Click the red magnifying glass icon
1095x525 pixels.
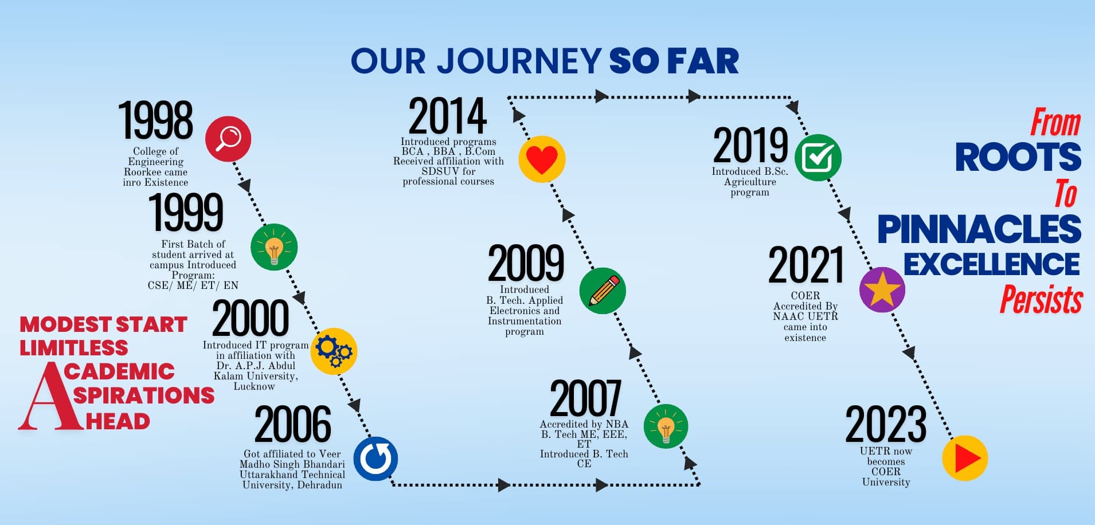pyautogui.click(x=228, y=139)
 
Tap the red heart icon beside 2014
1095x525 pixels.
pyautogui.click(x=542, y=159)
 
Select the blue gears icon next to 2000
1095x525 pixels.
pyautogui.click(x=334, y=351)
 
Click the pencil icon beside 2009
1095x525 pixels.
pyautogui.click(x=603, y=291)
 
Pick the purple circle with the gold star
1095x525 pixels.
pyautogui.click(x=882, y=289)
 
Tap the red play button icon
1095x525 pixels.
pyautogui.click(x=965, y=458)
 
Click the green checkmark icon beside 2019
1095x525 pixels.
pyautogui.click(x=818, y=158)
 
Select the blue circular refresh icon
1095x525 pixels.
pyautogui.click(x=376, y=459)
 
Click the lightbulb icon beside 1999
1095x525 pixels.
pyautogui.click(x=274, y=247)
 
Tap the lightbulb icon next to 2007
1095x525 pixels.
pyautogui.click(x=666, y=426)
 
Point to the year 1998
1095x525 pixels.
pyautogui.click(x=155, y=120)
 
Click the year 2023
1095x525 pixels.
pyautogui.click(x=886, y=424)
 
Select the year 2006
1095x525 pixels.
pyautogui.click(x=292, y=424)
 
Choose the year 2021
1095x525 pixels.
pyautogui.click(x=805, y=265)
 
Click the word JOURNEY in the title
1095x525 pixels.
pyautogui.click(x=519, y=61)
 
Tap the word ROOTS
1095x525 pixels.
pyautogui.click(x=1018, y=157)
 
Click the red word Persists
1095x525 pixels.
pyautogui.click(x=1041, y=299)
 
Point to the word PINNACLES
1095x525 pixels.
pyautogui.click(x=979, y=229)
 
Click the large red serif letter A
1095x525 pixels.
pyautogui.click(x=48, y=395)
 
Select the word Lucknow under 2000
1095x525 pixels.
pyautogui.click(x=254, y=386)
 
